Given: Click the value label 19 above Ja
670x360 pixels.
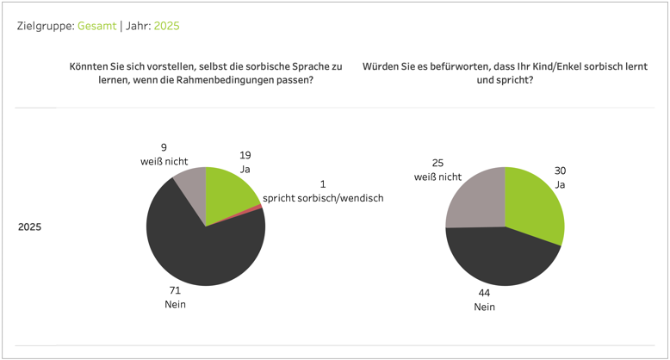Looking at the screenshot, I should coord(245,155).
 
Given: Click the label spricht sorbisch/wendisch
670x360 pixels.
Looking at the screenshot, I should coord(323,198).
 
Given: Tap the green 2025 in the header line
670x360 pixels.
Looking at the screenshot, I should coord(166,26).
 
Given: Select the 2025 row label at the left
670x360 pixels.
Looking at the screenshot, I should coord(30,227).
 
